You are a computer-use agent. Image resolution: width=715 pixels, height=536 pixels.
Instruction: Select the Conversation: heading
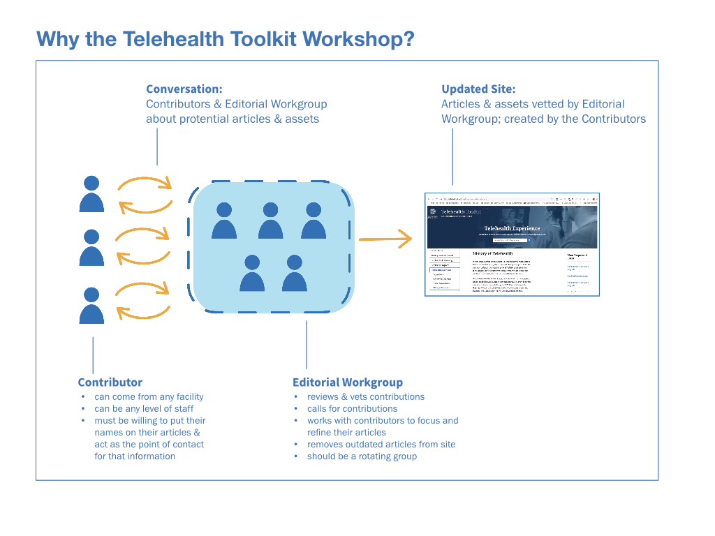pos(184,89)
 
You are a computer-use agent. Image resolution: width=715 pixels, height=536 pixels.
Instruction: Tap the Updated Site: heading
pos(478,89)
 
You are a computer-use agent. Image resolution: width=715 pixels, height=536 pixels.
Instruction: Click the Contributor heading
pos(110,382)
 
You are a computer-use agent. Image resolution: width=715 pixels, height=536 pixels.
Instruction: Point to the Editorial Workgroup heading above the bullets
pos(347,382)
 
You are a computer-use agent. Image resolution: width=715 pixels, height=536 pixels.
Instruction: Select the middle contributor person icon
pos(91,248)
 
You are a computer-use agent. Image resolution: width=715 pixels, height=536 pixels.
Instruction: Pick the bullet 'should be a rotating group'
pos(362,456)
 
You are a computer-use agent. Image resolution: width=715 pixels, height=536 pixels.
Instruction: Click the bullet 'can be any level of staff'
pos(144,409)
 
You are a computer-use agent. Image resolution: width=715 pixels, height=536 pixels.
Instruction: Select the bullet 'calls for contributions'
pos(352,409)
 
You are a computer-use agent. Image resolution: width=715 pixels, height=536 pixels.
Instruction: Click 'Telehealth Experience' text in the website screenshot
pos(512,228)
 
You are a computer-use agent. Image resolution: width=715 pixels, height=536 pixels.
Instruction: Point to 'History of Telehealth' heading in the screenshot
pos(493,253)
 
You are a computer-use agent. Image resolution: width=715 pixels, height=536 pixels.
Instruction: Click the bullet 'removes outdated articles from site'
pos(381,445)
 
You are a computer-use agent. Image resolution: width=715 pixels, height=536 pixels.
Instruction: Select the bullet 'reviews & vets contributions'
pos(366,397)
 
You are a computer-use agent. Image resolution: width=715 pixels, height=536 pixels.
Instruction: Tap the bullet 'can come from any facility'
pos(149,397)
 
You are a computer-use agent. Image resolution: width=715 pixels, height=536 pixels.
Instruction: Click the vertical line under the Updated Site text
pos(452,157)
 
